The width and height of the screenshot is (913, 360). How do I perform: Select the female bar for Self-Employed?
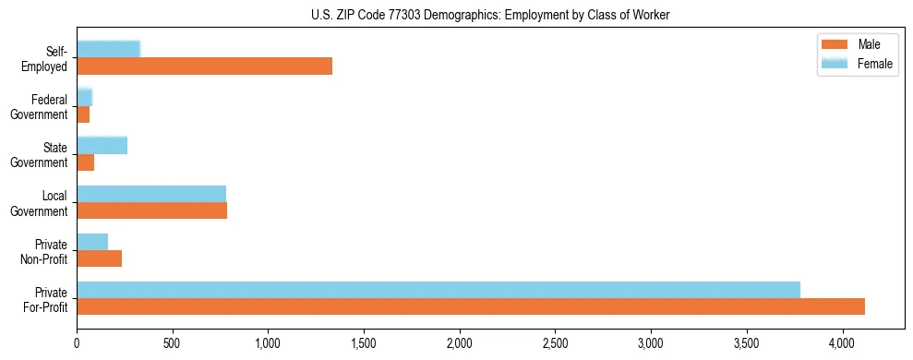click(x=108, y=49)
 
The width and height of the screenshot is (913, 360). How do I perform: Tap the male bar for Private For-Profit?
click(x=471, y=306)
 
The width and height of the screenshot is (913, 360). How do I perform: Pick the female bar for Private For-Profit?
click(x=438, y=289)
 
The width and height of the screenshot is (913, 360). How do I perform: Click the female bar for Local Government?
click(x=151, y=193)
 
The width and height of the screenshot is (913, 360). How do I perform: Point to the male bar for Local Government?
click(x=151, y=210)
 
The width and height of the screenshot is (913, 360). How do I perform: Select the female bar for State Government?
click(x=102, y=145)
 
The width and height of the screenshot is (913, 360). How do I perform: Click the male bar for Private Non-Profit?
click(x=99, y=258)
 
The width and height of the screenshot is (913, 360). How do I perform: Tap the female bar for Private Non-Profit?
click(x=92, y=241)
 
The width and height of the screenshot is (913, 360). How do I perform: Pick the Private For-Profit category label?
click(x=44, y=299)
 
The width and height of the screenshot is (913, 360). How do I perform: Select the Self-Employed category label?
click(x=44, y=59)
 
